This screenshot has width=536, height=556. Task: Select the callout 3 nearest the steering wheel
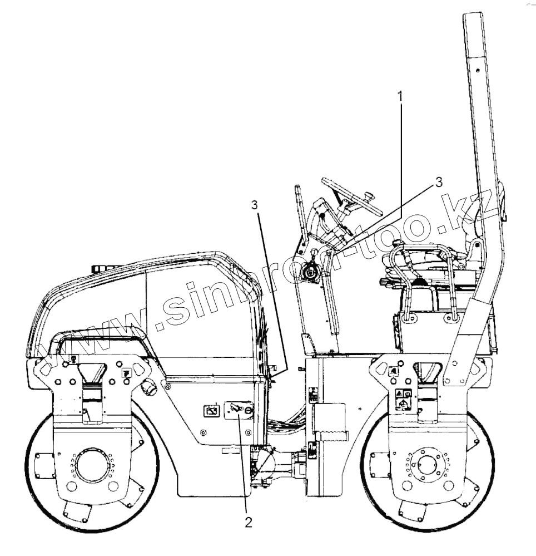pos(439,182)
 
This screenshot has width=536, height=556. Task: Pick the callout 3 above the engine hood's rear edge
pos(255,205)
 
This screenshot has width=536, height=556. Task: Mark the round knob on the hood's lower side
pos(148,387)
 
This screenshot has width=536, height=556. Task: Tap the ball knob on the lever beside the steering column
pos(314,252)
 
